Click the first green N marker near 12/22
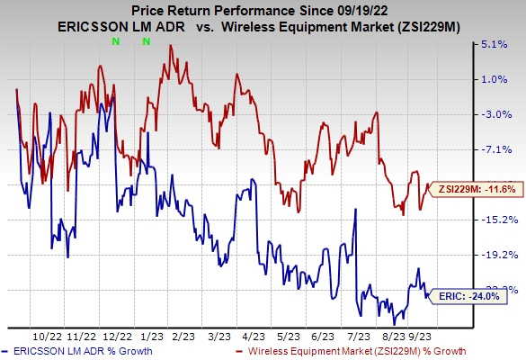(x=114, y=41)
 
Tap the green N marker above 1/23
(x=146, y=41)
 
